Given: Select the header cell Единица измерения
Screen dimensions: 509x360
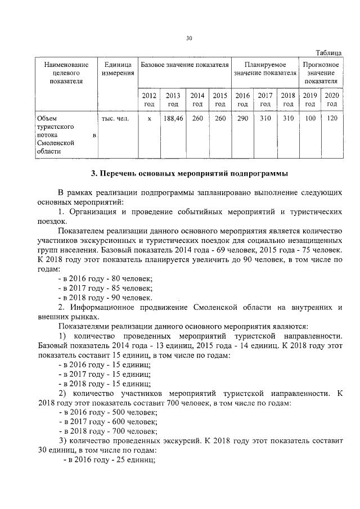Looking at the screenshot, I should click(118, 73).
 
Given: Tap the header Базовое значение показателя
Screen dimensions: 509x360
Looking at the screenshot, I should click(184, 65).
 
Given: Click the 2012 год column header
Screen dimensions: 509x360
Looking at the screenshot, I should click(149, 100).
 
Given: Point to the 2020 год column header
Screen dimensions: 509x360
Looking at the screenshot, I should click(332, 100).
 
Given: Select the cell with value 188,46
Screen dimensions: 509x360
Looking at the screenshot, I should click(173, 119).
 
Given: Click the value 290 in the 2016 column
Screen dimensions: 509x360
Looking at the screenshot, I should click(242, 119).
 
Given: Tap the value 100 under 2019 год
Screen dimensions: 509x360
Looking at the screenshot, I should click(310, 119).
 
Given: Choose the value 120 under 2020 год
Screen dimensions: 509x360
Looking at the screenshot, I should click(332, 119).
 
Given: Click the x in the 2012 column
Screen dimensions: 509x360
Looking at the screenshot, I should click(149, 119).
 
